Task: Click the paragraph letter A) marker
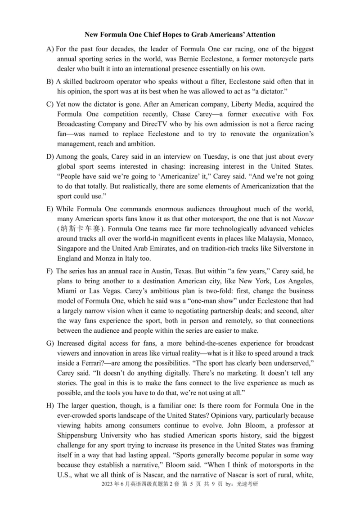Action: [50, 49]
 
